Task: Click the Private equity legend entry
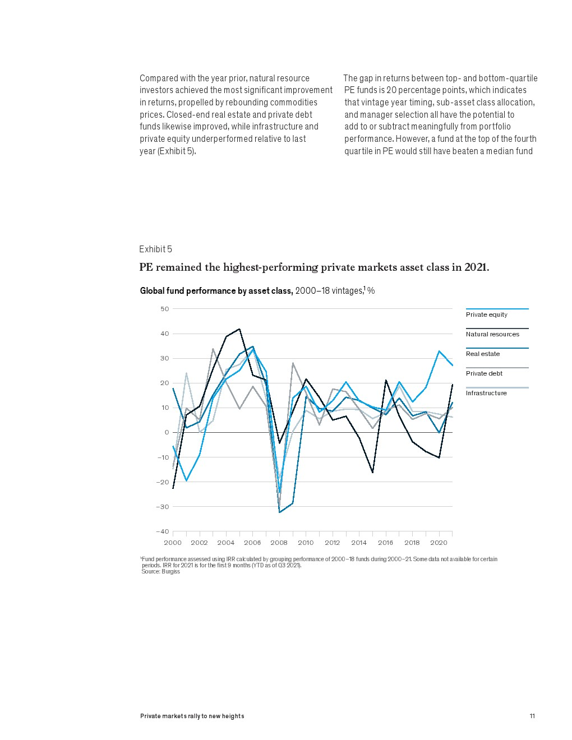487,314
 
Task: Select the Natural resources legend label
492,334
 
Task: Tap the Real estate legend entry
483,354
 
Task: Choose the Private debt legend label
484,373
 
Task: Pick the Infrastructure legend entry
486,393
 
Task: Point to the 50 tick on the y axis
164,309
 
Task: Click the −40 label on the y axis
162,531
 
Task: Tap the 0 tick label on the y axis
167,432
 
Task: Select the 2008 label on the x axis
279,543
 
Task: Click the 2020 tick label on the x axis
439,543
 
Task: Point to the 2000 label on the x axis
173,543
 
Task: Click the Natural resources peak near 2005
239,329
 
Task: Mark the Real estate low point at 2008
279,512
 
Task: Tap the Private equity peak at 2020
439,351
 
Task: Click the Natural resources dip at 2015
373,473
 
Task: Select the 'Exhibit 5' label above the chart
155,249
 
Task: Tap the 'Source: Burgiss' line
160,572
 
